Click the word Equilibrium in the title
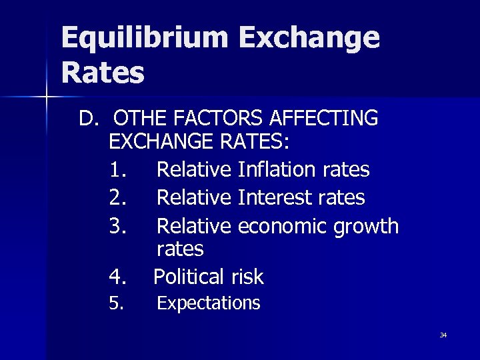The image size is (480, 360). (144, 38)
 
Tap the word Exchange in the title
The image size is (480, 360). (308, 38)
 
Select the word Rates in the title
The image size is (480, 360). (103, 73)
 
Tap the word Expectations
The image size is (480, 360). (208, 303)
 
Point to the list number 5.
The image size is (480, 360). (116, 304)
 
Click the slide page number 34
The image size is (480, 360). (443, 335)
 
